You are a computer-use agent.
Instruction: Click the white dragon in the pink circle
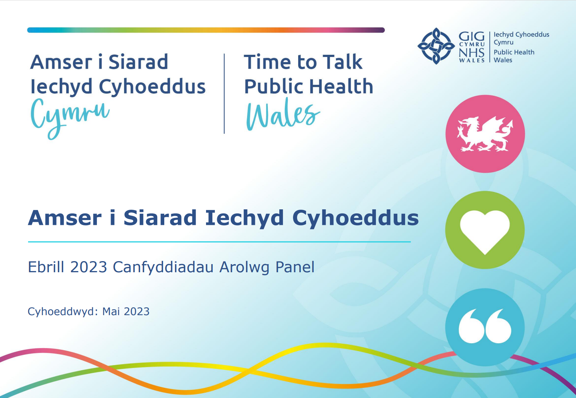(x=485, y=134)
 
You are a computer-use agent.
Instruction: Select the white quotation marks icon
(x=485, y=326)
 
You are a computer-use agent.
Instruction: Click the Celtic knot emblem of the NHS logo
(x=436, y=46)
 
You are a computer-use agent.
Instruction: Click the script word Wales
(x=283, y=114)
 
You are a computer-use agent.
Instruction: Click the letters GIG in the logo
(x=472, y=37)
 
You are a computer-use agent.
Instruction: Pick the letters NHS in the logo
(x=472, y=53)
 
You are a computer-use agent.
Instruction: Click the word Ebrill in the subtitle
(x=46, y=267)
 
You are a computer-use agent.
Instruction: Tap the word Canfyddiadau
(x=163, y=267)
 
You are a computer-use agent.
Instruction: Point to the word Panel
(x=295, y=267)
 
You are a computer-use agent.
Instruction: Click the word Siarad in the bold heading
(x=160, y=217)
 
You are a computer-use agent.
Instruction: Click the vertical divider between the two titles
(x=224, y=94)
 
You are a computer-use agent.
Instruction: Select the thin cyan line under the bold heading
(x=219, y=242)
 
